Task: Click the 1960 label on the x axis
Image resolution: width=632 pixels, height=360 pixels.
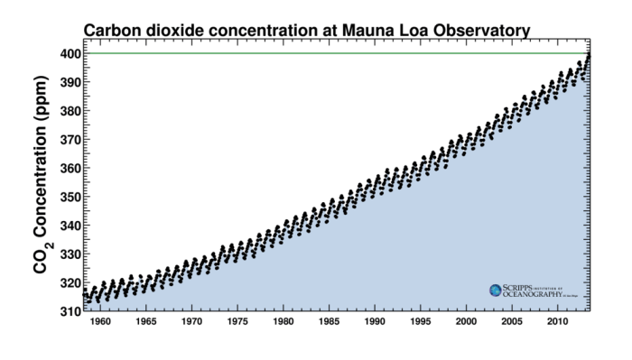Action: click(100, 321)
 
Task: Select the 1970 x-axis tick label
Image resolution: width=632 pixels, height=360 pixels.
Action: click(191, 321)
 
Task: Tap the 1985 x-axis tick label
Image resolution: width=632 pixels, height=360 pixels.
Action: click(329, 321)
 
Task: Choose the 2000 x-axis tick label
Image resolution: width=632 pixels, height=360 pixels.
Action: click(466, 321)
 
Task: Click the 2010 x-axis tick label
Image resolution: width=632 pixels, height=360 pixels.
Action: click(557, 321)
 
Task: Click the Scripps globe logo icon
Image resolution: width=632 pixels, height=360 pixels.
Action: click(495, 290)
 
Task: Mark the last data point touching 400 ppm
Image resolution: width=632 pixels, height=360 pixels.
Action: click(589, 55)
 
